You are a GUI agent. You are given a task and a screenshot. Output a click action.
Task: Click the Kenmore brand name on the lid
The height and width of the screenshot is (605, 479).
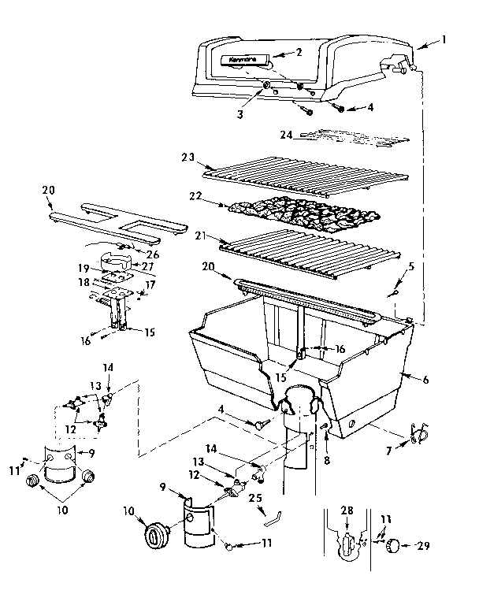click(233, 59)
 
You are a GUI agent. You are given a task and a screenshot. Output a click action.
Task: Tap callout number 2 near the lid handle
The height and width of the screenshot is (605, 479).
click(299, 52)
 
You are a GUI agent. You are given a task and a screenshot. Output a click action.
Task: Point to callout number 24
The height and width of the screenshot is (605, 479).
click(285, 135)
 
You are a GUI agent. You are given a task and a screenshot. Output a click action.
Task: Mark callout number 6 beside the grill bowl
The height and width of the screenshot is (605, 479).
click(426, 380)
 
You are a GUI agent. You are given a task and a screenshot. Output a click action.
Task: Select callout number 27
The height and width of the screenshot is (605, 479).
click(147, 266)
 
